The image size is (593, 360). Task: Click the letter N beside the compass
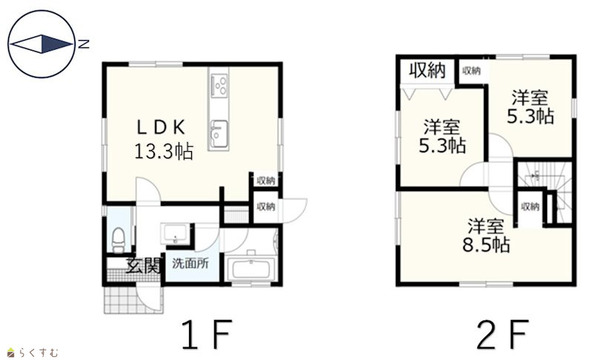coord(83,44)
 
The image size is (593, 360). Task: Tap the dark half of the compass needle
coord(55,44)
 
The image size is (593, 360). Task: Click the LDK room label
coord(161,127)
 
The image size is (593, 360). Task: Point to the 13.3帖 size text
coord(164,151)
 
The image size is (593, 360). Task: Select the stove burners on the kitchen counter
coord(219,85)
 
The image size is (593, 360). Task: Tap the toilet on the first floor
coord(119,239)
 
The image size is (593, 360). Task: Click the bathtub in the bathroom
coord(251,268)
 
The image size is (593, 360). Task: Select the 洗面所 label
coord(191,263)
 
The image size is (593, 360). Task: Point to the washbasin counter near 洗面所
coord(174,234)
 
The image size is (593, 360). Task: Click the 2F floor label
coord(502,334)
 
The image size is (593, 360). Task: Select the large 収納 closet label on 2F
coord(428,70)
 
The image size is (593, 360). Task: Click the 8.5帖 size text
coord(486,245)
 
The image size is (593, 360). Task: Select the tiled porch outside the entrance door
coord(133,299)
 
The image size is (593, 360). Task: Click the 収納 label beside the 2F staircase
coord(530,207)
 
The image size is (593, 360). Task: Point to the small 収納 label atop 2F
coord(471,70)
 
